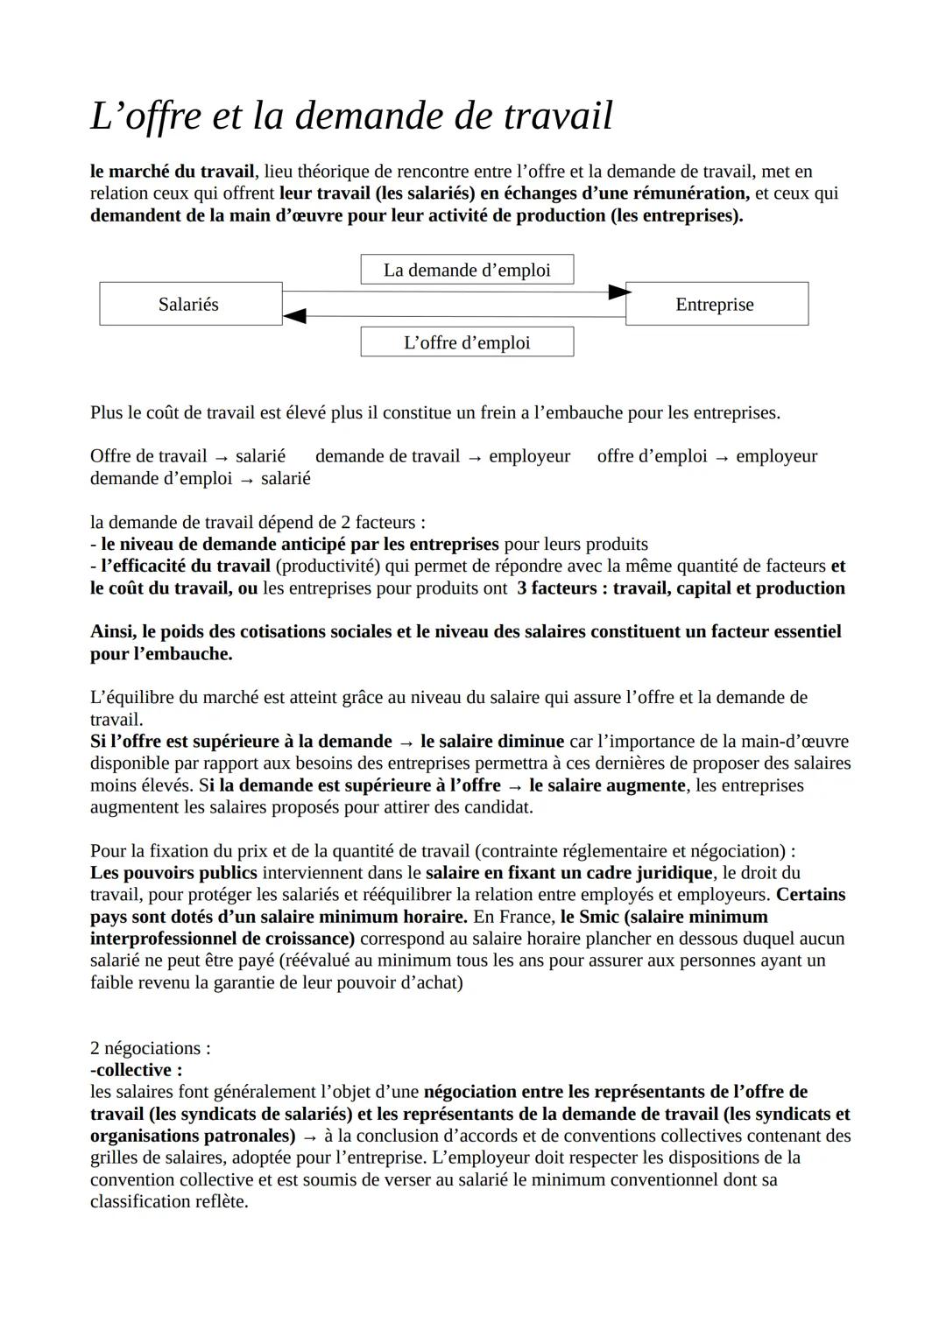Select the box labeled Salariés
coord(190,304)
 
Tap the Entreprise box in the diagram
coord(717,304)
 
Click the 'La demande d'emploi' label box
coord(467,270)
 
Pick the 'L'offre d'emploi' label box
coord(467,342)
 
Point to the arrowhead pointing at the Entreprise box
coord(618,292)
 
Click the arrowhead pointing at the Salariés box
coord(294,315)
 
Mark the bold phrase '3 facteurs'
coord(554,588)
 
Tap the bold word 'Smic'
coord(599,917)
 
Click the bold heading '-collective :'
coord(137,1070)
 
